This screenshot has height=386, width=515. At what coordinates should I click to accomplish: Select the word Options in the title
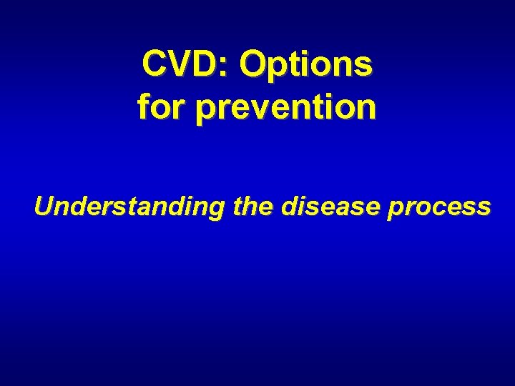306,66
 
